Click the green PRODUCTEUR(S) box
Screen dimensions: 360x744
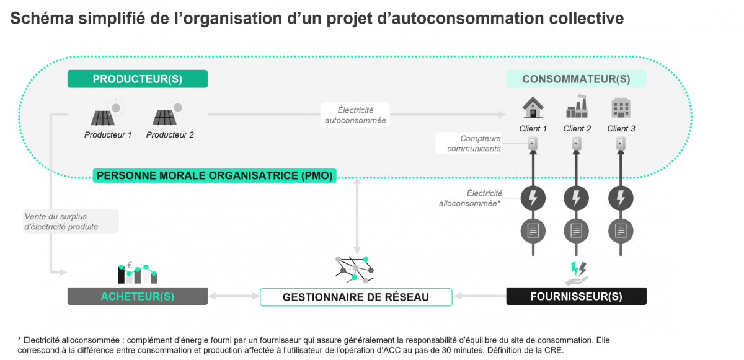tap(137, 79)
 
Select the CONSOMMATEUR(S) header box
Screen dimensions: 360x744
tap(576, 79)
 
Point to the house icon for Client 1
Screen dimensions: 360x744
tap(533, 108)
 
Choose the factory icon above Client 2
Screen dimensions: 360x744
tap(577, 108)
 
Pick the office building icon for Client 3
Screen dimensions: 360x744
tap(620, 108)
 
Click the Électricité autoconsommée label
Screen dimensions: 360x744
tap(355, 115)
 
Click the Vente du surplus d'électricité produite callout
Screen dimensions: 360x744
tap(69, 221)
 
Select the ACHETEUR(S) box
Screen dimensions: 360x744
tap(137, 296)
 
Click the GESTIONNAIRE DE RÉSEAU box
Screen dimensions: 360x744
tap(355, 297)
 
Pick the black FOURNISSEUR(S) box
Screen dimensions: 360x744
tap(576, 296)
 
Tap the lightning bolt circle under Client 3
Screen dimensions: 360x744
tap(620, 199)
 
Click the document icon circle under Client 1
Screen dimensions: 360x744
tap(533, 230)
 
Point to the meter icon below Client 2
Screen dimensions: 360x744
tap(577, 144)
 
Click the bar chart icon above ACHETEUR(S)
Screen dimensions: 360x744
tap(137, 273)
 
